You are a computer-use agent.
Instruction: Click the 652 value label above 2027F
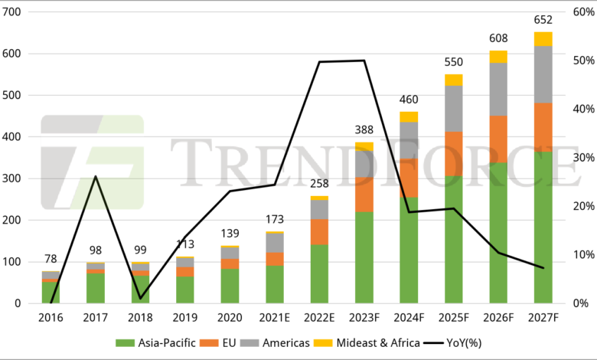click(x=543, y=21)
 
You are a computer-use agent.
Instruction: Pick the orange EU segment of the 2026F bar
click(x=498, y=139)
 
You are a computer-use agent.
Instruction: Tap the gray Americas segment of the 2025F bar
click(x=454, y=108)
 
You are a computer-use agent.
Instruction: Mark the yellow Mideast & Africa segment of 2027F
click(x=543, y=39)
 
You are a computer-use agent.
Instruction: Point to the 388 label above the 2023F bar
click(x=364, y=131)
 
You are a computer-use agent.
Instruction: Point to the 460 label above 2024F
click(x=409, y=101)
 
